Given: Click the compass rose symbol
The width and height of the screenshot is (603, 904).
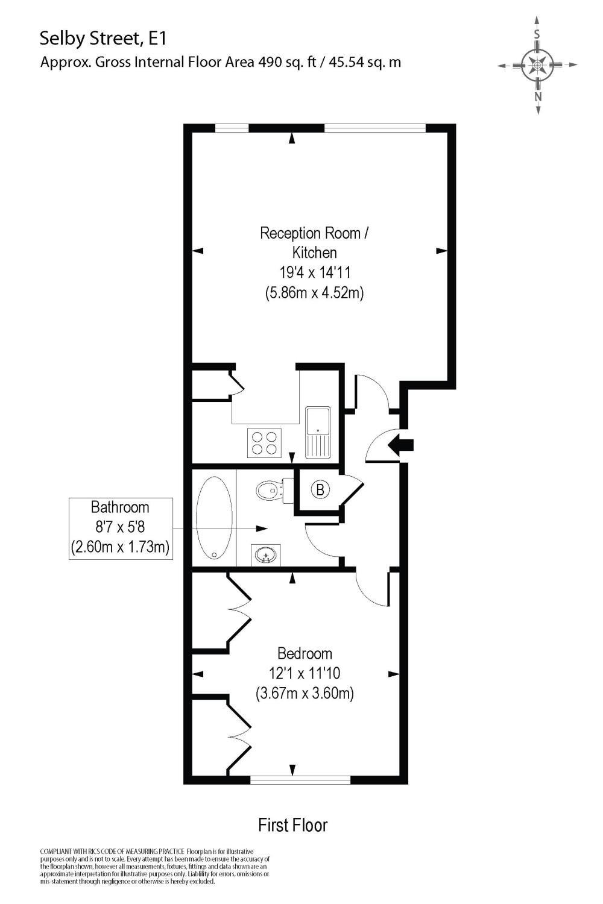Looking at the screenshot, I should coord(537,64).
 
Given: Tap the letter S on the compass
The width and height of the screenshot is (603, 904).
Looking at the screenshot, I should coord(537,34).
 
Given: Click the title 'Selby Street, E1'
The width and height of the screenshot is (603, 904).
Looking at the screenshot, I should coord(103,39).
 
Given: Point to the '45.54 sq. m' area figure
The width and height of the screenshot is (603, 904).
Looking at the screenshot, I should coord(365,61).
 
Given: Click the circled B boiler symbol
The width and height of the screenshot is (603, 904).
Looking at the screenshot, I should coord(320,490).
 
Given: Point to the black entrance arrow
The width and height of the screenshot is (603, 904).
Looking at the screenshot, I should coord(400,445).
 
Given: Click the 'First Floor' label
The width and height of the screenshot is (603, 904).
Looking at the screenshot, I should coord(292,824).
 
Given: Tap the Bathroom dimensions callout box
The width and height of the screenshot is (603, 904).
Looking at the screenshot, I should coord(121,529).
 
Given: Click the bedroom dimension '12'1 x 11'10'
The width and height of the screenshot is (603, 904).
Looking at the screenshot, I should coord(305,673).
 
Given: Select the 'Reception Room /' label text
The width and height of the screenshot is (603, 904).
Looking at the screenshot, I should coord(313,233).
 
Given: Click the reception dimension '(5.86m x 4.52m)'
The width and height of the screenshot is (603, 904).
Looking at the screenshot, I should coord(314,293).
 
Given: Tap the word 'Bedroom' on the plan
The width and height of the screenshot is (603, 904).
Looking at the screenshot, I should coord(305,653).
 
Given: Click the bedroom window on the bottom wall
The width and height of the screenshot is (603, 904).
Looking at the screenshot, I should coord(300,780).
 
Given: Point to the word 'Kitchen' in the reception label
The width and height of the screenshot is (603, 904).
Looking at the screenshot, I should coord(314,253).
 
